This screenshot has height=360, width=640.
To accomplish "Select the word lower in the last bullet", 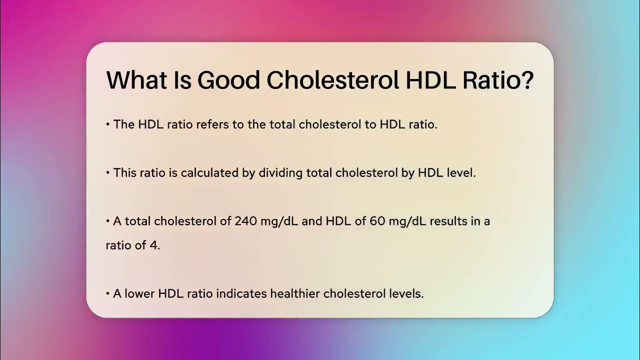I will tap(139, 293).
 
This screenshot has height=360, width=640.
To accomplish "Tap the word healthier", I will tap(295, 293).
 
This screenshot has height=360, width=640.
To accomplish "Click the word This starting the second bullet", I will tap(125, 173).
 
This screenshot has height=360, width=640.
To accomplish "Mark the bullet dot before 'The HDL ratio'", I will tap(108, 125).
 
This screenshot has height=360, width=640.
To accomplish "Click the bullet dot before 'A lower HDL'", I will tap(108, 294).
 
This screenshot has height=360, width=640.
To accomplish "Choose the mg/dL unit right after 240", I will tap(279, 221).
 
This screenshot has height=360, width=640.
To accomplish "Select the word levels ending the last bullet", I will tap(405, 293).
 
